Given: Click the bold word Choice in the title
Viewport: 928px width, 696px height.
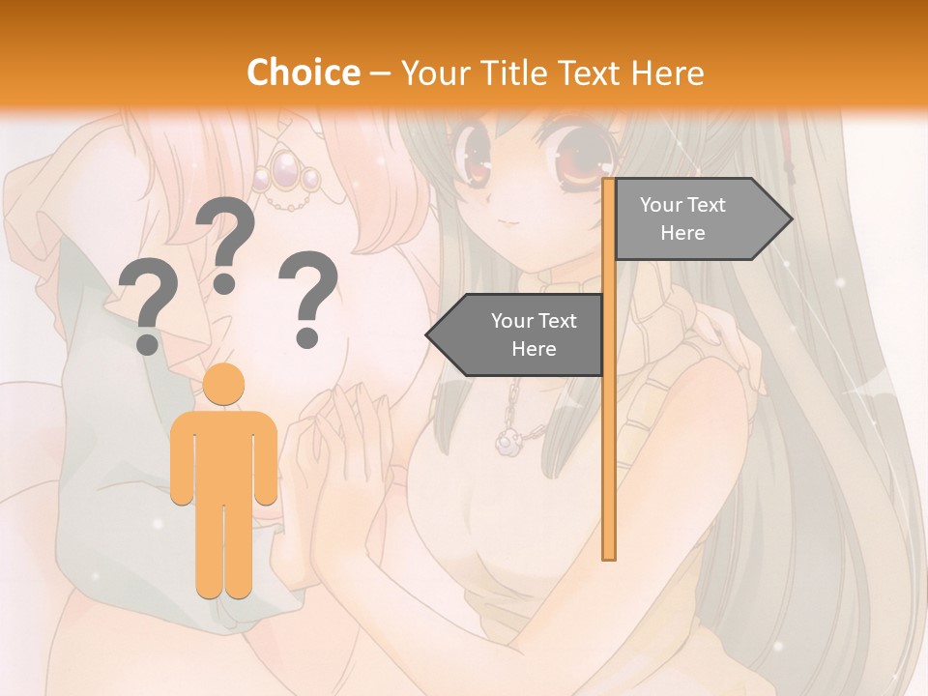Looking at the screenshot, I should (303, 72).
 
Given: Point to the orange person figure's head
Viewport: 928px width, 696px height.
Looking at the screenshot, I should (224, 385).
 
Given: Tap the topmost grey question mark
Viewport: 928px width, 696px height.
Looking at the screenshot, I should (225, 242).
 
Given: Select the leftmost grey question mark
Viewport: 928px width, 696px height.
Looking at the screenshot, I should (147, 309).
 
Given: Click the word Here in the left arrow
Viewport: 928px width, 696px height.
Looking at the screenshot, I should (533, 349).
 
